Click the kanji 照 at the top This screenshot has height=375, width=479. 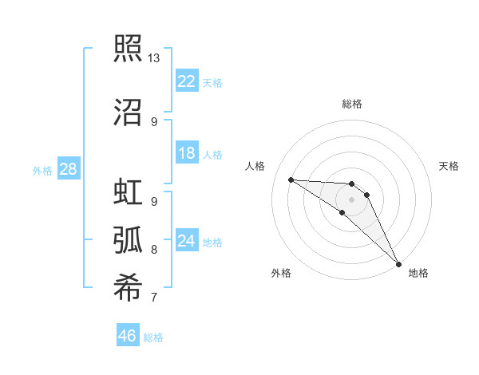pos(128,47)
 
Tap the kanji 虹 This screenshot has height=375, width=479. pos(128,193)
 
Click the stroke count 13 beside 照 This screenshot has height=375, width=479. pos(154,58)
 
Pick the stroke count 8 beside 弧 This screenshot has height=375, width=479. pos(154,250)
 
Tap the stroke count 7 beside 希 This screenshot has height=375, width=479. pos(154,298)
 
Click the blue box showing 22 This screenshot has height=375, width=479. pos(187,81)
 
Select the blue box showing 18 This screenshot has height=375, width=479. pos(187,153)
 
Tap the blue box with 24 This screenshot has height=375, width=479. pos(187,241)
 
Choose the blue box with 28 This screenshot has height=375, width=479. pos(69,169)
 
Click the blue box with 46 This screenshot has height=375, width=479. pos(128,336)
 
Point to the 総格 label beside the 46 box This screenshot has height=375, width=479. pos(153,337)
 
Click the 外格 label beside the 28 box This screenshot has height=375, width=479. pos(42,170)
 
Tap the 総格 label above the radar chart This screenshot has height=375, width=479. pos(352,104)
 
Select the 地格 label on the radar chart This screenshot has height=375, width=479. pos(418,273)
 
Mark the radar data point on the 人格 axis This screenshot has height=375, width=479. pos(291,180)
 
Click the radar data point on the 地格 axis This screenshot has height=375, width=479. pos(398,263)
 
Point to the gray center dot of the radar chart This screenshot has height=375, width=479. pos(352,199)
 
